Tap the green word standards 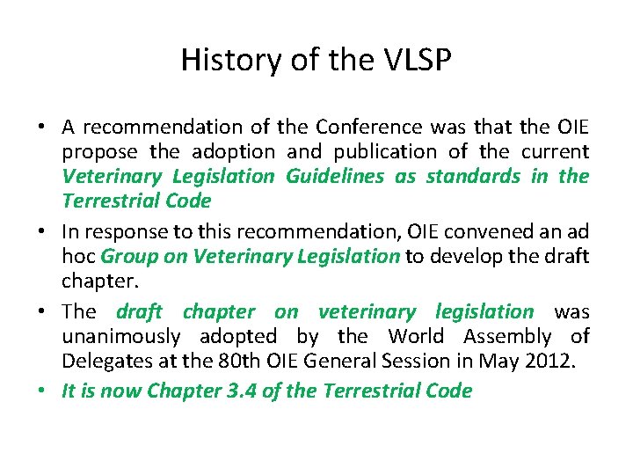[474, 176]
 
